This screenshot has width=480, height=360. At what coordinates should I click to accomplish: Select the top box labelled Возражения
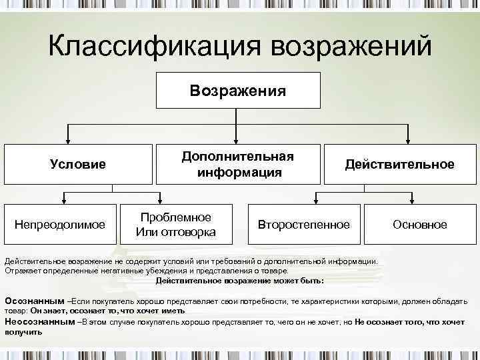[x=238, y=90]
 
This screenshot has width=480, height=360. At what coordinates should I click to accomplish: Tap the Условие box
[x=79, y=164]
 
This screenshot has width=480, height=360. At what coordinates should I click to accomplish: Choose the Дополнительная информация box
[x=239, y=164]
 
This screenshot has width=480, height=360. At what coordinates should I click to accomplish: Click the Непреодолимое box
[x=60, y=225]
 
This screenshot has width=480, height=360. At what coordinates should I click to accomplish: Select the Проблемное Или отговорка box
[x=175, y=225]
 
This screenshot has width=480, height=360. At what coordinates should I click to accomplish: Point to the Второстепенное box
[x=303, y=225]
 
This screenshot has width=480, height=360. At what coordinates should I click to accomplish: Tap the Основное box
[x=419, y=225]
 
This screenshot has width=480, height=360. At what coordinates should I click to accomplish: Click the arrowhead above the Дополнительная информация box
[x=238, y=140]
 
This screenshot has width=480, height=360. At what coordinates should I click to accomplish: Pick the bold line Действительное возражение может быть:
[x=240, y=281]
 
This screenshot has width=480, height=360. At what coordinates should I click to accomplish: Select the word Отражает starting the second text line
[x=23, y=271]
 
